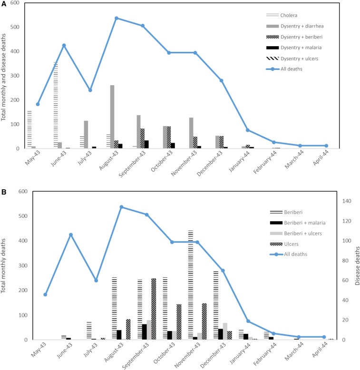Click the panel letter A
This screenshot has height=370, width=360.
click(x=4, y=4)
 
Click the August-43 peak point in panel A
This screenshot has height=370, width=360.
click(x=116, y=18)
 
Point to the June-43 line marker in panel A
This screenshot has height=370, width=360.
click(x=64, y=45)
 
